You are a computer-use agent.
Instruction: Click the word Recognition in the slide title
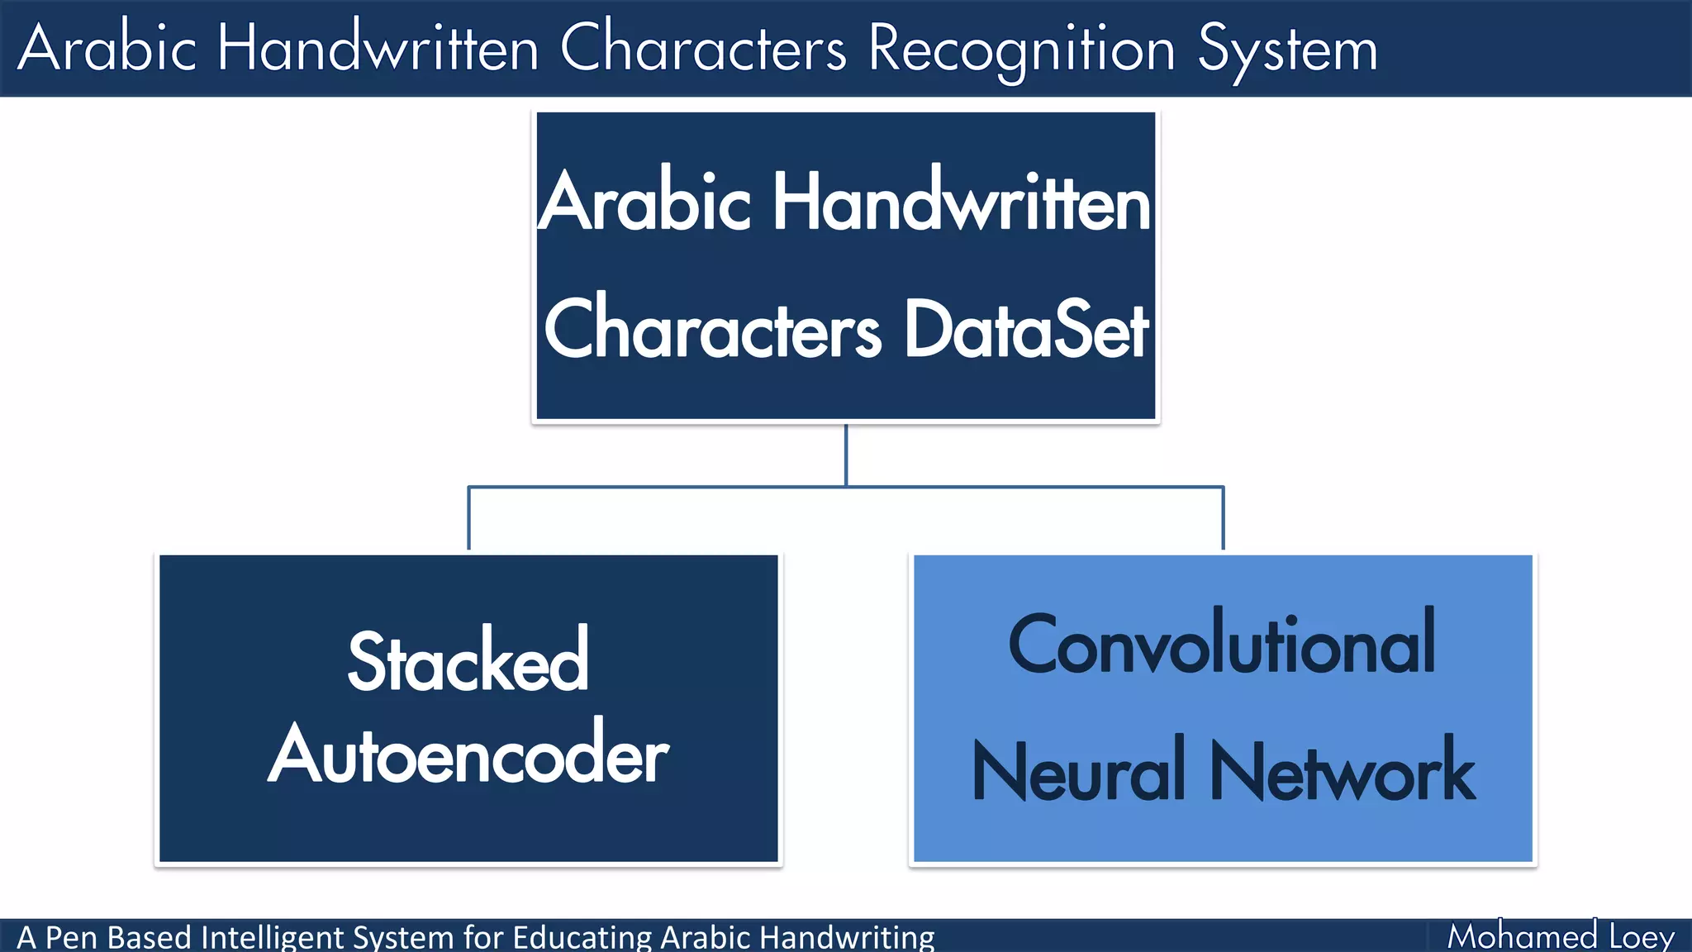(1021, 50)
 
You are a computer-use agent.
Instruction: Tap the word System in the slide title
(1287, 50)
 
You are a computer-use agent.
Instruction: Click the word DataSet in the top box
(1026, 330)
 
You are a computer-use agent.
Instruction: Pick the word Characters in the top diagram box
(712, 330)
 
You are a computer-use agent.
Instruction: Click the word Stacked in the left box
(468, 662)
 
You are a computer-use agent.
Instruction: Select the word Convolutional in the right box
(1222, 645)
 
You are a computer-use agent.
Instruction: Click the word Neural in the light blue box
(1080, 771)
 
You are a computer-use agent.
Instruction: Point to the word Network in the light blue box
(1343, 771)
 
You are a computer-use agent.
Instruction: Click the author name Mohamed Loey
(1560, 936)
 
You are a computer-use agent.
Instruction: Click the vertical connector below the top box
(846, 455)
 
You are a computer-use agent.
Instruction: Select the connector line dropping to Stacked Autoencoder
(468, 519)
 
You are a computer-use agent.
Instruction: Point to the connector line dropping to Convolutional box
(1223, 519)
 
